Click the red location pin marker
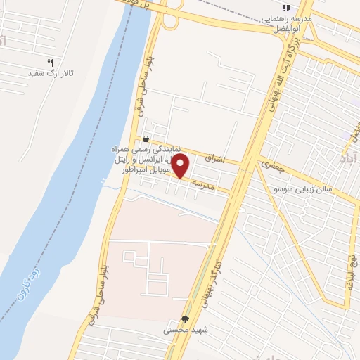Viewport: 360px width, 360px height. tap(181, 167)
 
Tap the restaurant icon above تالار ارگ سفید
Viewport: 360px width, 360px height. tap(50, 63)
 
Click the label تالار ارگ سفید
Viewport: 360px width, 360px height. tap(50, 73)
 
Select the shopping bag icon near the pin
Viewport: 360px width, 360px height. tap(146, 139)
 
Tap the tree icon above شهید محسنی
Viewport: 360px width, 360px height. tap(186, 319)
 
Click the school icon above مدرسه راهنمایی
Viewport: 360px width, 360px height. tap(287, 8)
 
